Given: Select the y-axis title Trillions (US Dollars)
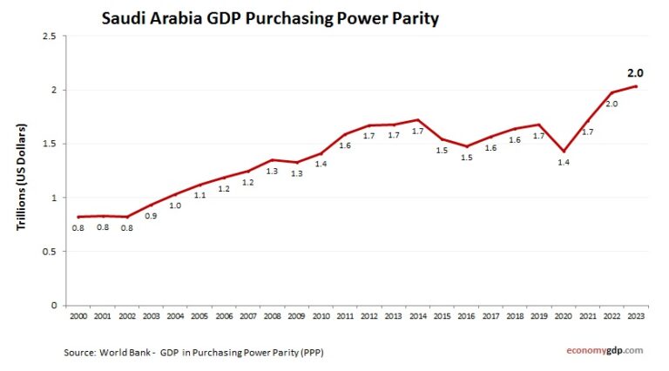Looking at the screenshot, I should click(21, 177).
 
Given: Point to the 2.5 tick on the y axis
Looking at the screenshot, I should click(48, 36).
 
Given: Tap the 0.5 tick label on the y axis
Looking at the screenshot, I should click(48, 252).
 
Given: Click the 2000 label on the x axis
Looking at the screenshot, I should click(78, 315).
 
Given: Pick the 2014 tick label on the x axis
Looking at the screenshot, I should click(418, 315).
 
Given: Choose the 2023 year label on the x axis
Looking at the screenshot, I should click(636, 315).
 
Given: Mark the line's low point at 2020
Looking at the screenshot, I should click(563, 151).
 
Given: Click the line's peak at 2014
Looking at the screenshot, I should click(418, 120).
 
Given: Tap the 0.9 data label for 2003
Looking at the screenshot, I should click(151, 216).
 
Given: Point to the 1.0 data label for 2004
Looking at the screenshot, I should click(175, 206).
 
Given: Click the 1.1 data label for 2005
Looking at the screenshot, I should click(199, 196).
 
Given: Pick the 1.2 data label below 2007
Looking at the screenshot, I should click(247, 183).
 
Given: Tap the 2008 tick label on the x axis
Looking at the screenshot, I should click(272, 315).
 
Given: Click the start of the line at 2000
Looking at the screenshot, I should click(78, 217).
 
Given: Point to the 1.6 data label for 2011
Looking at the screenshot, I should click(345, 145).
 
